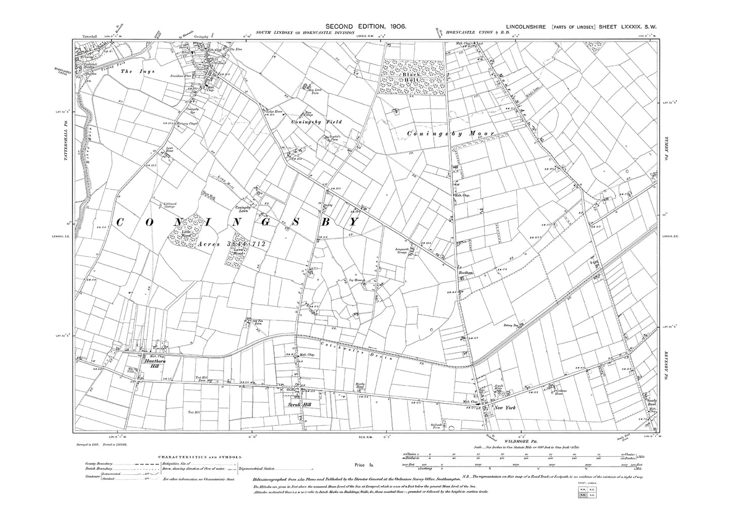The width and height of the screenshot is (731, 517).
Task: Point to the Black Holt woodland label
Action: point(412,78)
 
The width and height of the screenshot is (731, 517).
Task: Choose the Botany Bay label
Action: point(513,326)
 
